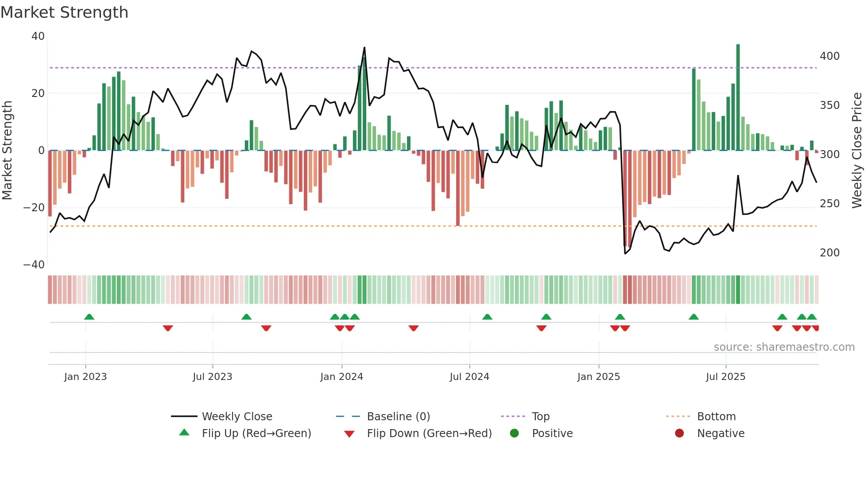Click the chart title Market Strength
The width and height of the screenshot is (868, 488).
click(x=64, y=12)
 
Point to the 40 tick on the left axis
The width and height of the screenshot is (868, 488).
click(x=38, y=36)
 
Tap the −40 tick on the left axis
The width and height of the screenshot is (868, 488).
click(x=34, y=265)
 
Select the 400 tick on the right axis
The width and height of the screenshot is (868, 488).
click(x=829, y=56)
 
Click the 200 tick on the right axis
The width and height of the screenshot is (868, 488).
click(x=829, y=253)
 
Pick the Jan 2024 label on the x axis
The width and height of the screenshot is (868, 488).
click(x=341, y=377)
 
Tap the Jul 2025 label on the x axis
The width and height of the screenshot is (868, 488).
click(x=725, y=377)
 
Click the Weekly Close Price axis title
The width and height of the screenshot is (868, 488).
click(x=857, y=151)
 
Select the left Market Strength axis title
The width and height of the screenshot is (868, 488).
click(x=8, y=151)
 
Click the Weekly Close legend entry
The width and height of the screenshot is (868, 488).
click(x=236, y=417)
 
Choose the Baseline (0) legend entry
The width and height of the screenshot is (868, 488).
click(x=398, y=417)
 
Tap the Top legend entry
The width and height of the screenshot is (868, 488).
click(x=540, y=417)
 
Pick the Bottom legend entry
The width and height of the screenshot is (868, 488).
click(x=716, y=417)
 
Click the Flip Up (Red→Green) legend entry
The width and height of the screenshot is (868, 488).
click(x=256, y=434)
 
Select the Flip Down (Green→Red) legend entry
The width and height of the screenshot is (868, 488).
click(x=429, y=434)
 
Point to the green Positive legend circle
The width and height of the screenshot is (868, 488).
click(x=514, y=433)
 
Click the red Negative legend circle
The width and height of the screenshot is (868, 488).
click(x=679, y=433)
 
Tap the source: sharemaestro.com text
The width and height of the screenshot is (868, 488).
click(x=784, y=347)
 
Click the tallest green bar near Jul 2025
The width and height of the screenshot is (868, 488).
click(x=738, y=97)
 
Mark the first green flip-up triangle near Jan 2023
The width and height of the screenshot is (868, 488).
click(x=89, y=317)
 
